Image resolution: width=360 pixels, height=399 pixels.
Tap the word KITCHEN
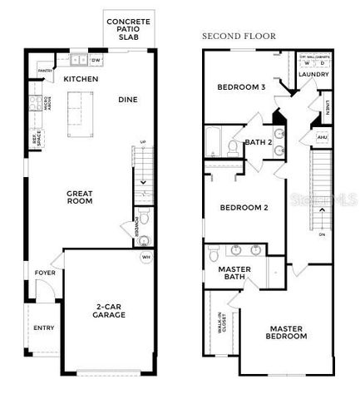[x=81, y=79]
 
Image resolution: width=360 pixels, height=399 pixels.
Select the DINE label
[x=127, y=100]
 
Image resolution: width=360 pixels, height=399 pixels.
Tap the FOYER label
[x=44, y=273]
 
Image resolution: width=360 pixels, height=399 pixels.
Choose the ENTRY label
[x=43, y=328]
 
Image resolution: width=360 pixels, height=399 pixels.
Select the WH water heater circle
[x=146, y=258]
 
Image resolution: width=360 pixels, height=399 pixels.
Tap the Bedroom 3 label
[x=241, y=86]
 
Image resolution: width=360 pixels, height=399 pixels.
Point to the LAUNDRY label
[x=313, y=74]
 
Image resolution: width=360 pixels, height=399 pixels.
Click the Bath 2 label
[x=259, y=142]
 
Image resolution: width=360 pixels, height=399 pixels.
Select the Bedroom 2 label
[x=243, y=207]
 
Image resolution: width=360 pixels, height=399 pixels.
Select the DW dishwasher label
[x=96, y=61]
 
